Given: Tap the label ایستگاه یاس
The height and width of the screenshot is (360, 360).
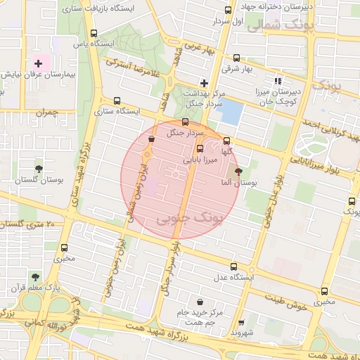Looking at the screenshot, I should (x=98, y=43).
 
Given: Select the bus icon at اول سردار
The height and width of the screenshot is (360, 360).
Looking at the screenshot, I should (x=227, y=10).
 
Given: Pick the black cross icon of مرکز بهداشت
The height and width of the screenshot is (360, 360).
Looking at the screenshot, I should (x=204, y=83).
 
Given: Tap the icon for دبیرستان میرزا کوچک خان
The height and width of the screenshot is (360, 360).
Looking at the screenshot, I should (x=278, y=81).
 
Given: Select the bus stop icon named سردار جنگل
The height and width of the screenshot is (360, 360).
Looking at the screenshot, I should (x=185, y=122).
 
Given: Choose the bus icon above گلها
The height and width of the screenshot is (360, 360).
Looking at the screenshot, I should (x=226, y=140).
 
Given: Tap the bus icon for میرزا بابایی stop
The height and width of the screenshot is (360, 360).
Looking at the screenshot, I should (x=200, y=148).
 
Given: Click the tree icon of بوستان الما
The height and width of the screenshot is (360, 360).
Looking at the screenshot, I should (x=238, y=171).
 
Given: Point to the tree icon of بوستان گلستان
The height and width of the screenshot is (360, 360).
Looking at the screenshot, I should (x=39, y=169).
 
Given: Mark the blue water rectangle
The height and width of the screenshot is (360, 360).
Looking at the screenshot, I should (x=231, y=112).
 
